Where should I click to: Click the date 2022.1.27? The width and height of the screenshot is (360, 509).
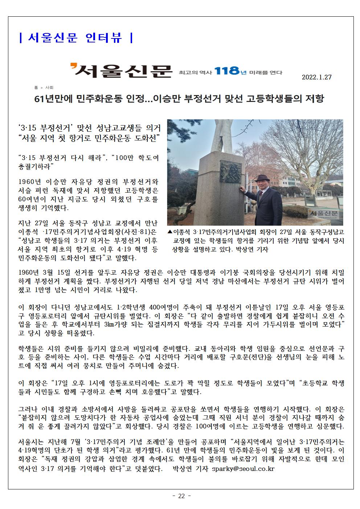(316, 77)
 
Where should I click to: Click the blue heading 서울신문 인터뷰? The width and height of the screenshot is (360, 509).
(75, 37)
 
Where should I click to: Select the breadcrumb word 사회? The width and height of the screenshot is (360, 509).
(49, 87)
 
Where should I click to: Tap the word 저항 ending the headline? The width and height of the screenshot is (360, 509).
(314, 99)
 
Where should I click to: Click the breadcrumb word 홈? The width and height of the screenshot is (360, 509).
(36, 87)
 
